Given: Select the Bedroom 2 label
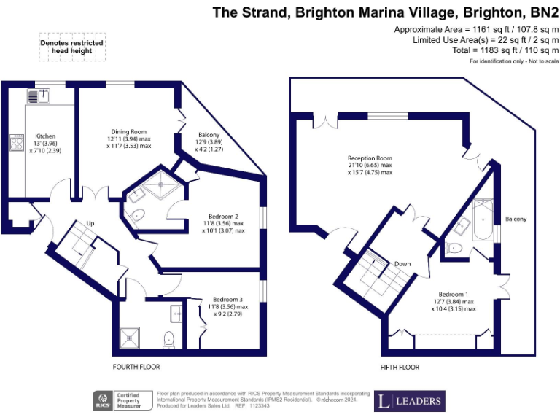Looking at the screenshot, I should point(223,216).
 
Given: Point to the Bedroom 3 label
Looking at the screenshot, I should point(227,299).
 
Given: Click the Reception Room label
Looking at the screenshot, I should point(370,158).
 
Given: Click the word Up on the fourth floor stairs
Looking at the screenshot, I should point(90,222).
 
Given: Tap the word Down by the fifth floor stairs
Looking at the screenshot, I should point(402,263).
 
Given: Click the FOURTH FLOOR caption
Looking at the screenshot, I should point(136,367).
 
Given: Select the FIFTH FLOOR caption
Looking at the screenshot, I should point(400,367).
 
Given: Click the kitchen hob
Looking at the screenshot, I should point(16,142).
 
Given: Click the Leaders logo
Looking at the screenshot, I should point(409,401).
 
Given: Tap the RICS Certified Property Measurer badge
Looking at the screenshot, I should point(122,400).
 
